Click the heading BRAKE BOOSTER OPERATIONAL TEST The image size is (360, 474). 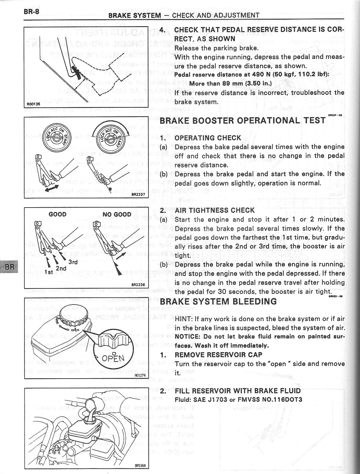[x=242, y=120]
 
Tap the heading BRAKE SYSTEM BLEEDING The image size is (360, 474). [x=218, y=302]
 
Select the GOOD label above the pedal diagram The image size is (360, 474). [x=57, y=214]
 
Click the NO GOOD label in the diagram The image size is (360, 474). [x=117, y=214]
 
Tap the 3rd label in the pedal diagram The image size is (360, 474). [x=73, y=262]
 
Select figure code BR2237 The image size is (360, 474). [x=138, y=194]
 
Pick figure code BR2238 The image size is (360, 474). [x=138, y=285]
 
